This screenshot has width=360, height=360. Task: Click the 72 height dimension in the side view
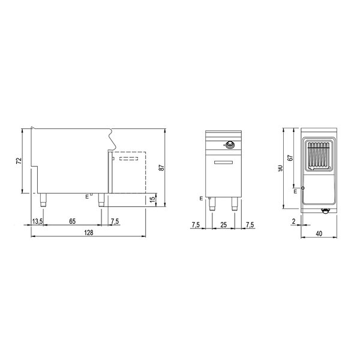[19, 161]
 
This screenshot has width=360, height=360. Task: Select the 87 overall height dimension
[161, 169]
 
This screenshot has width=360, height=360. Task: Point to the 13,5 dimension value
[37, 222]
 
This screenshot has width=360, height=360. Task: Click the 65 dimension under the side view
[72, 222]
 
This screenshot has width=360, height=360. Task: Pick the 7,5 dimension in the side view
[114, 222]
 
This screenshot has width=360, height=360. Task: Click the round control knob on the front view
[229, 144]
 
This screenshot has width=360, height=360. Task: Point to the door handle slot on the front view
[224, 162]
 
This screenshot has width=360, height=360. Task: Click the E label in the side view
[86, 196]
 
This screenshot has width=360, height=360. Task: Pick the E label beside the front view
[201, 197]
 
